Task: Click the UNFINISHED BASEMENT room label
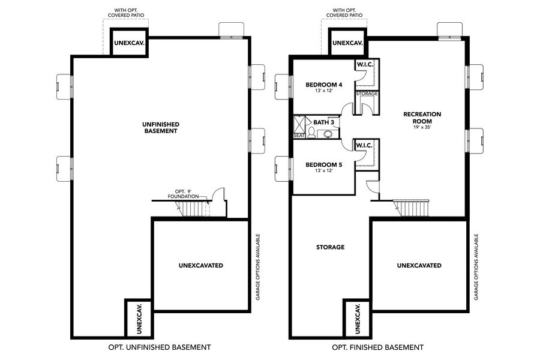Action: coord(160,127)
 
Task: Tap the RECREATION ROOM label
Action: coord(422,117)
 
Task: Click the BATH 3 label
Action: coord(323,122)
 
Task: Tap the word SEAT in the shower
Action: coord(299,136)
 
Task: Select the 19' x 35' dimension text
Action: coord(422,127)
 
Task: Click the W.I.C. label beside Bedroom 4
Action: coord(365,64)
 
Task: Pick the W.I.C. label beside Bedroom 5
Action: coord(365,145)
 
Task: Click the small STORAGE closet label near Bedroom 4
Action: coord(367,94)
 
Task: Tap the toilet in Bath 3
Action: coord(328,134)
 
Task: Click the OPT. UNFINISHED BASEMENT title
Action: coord(159,347)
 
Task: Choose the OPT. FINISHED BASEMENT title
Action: coord(377,347)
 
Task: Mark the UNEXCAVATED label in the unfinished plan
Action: coord(200,265)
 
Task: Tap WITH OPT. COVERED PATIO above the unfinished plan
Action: coord(125,13)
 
